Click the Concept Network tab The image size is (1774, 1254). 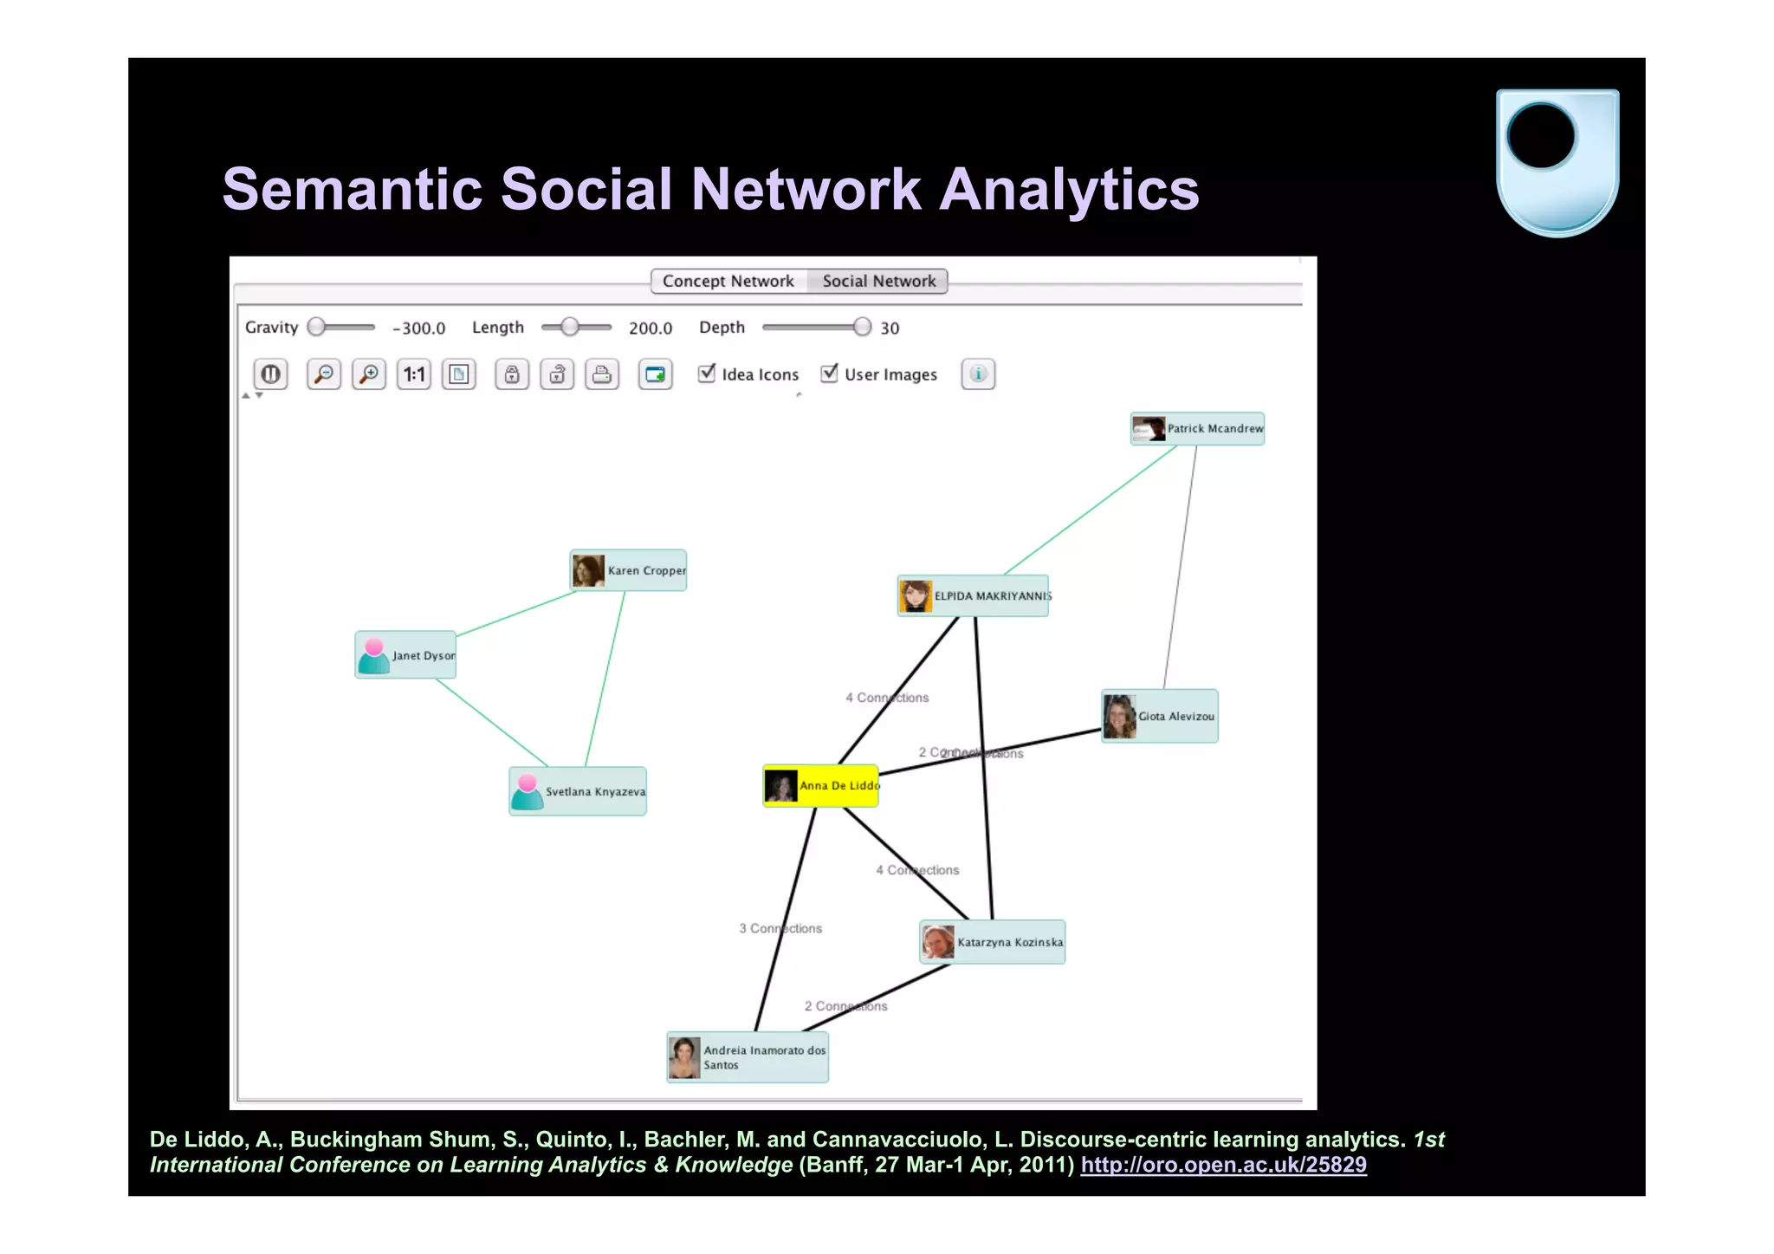(728, 282)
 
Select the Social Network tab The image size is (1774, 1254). (878, 282)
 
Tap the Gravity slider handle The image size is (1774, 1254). (317, 327)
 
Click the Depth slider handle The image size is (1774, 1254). (861, 327)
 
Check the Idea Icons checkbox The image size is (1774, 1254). (707, 374)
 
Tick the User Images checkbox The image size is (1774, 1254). (829, 374)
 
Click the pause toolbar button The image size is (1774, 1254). (270, 374)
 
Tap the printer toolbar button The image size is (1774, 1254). (602, 374)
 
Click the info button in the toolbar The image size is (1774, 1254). (978, 374)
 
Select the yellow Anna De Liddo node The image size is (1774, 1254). (820, 786)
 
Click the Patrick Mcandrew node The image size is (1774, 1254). (1197, 429)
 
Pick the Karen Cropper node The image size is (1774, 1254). (628, 570)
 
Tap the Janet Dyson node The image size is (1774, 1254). (405, 655)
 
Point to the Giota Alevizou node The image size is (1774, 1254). (1159, 716)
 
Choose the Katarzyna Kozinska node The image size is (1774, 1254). (992, 942)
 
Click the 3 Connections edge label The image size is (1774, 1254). (780, 928)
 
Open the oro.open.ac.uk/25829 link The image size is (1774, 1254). (1223, 1165)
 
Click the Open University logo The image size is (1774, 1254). (1557, 162)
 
